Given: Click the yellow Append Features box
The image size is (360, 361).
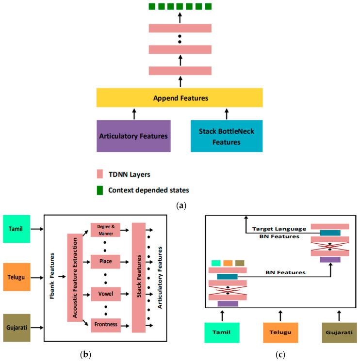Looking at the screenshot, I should (180, 98).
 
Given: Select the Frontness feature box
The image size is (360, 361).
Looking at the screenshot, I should (105, 324).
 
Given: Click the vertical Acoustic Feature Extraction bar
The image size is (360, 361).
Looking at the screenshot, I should (74, 277).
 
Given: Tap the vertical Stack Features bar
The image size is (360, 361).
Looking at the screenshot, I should (139, 278).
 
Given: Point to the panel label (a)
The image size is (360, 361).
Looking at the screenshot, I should (180, 206).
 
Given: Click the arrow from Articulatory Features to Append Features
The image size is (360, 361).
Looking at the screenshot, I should (134, 114).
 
